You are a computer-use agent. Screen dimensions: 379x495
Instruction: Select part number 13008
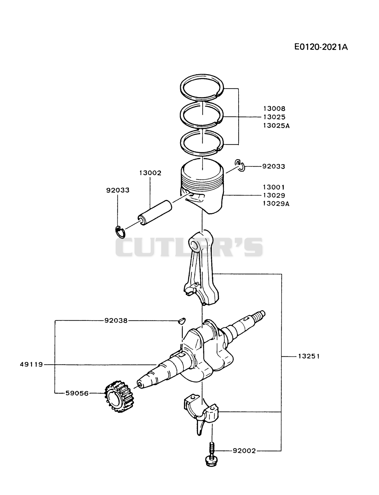point(274,109)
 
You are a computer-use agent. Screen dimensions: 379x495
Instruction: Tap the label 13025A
point(276,126)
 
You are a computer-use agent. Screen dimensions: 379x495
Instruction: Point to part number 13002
point(150,173)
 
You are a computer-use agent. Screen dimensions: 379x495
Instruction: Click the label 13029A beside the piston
point(276,204)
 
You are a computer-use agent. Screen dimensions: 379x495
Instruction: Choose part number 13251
point(309,356)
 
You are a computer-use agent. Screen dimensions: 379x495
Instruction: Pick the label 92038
point(116,321)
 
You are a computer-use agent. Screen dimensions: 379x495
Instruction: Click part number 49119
point(31,365)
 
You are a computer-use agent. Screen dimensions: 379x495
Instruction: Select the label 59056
point(77,394)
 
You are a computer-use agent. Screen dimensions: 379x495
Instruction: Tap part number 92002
point(244,451)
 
